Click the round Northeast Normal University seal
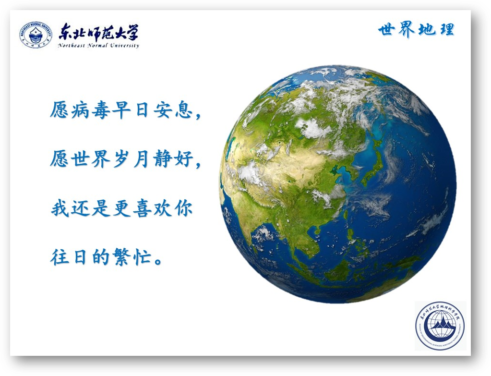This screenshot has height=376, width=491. tap(36, 35)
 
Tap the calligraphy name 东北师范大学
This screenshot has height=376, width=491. tap(98, 32)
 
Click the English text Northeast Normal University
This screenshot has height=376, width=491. tap(98, 46)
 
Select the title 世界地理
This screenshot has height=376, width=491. tap(416, 30)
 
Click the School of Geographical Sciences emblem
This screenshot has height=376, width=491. tap(440, 326)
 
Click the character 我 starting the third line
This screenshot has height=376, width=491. tap(60, 208)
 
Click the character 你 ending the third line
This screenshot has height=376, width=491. tap(183, 208)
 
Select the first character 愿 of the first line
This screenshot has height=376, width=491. tap(60, 110)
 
